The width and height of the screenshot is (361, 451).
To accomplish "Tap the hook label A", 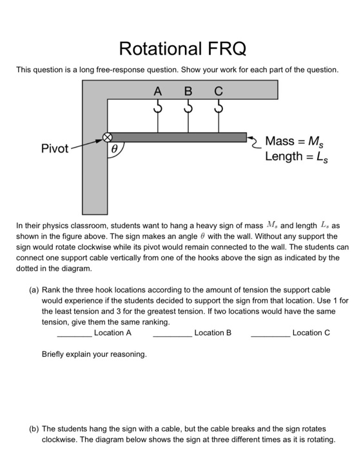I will click(x=157, y=92).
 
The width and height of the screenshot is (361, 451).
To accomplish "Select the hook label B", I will click(x=189, y=92).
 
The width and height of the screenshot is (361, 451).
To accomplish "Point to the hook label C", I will click(x=220, y=92).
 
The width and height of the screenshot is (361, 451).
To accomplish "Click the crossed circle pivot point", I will click(x=108, y=137).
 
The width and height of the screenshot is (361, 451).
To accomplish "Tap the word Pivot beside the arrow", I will click(x=55, y=149).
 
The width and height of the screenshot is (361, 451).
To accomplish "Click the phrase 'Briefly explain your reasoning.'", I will click(x=94, y=354).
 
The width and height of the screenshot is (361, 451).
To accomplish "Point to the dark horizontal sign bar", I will click(x=180, y=137).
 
